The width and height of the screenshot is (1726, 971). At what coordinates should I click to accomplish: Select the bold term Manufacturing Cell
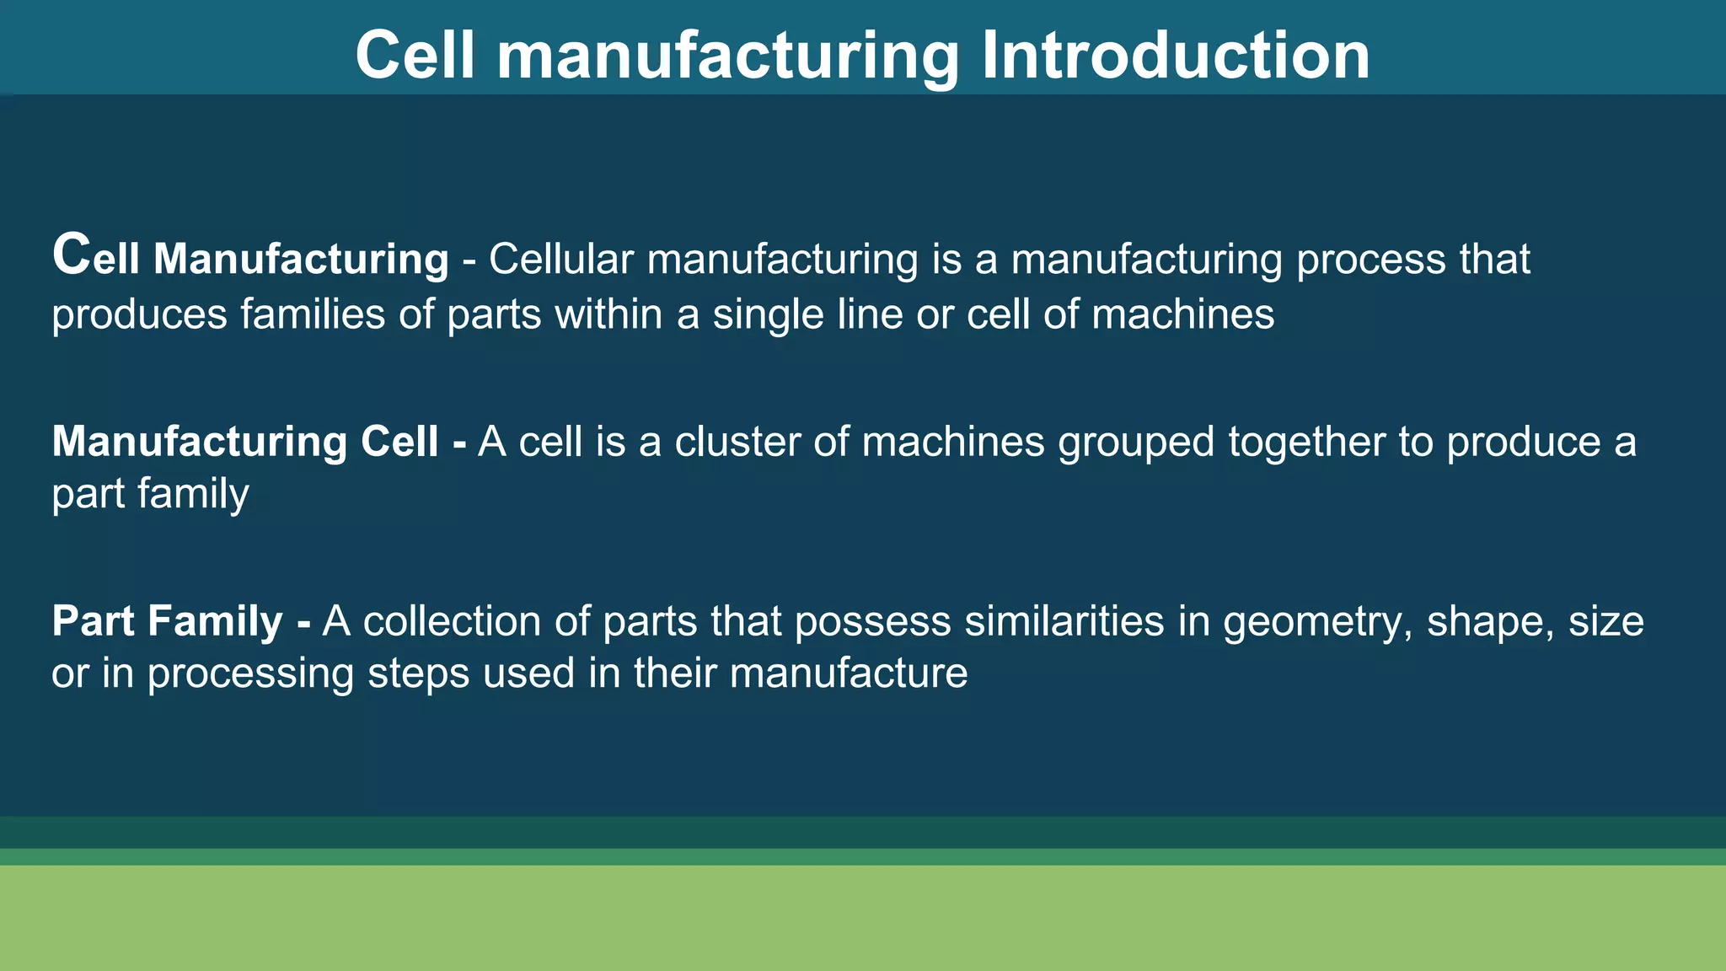(245, 442)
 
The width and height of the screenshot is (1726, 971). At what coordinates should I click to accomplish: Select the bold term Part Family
(167, 622)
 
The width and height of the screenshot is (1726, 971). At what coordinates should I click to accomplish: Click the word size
(1606, 622)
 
